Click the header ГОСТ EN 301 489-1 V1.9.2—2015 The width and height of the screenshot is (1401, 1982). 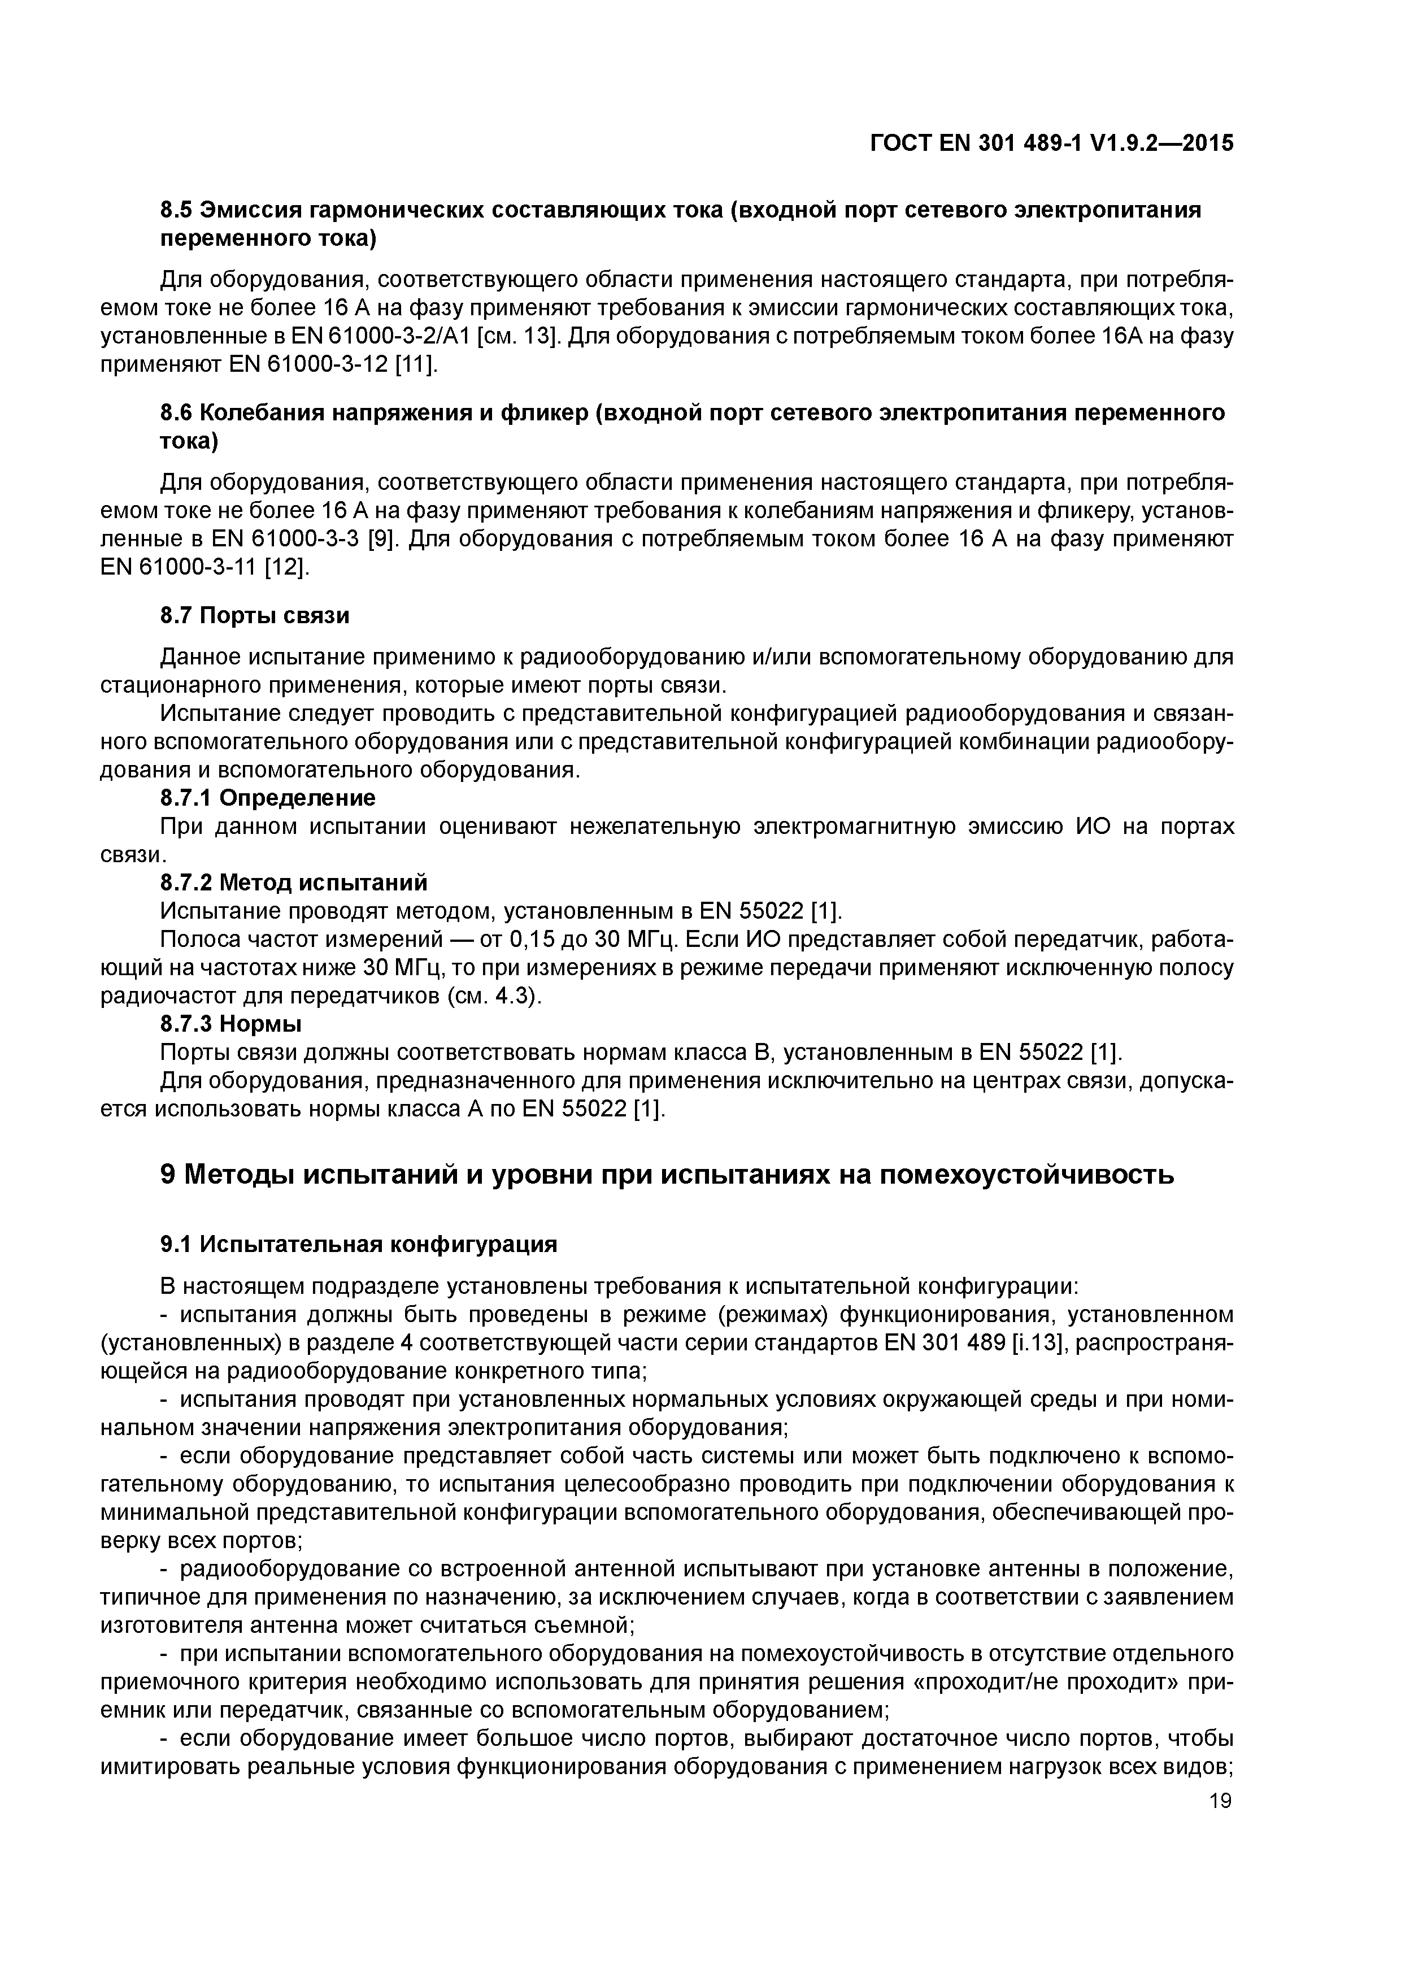point(1051,144)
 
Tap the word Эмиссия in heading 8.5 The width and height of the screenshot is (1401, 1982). point(251,210)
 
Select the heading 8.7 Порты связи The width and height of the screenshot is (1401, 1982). point(255,615)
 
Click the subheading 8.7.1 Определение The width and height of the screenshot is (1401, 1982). point(268,797)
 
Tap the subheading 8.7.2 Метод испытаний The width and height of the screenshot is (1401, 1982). point(294,882)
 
